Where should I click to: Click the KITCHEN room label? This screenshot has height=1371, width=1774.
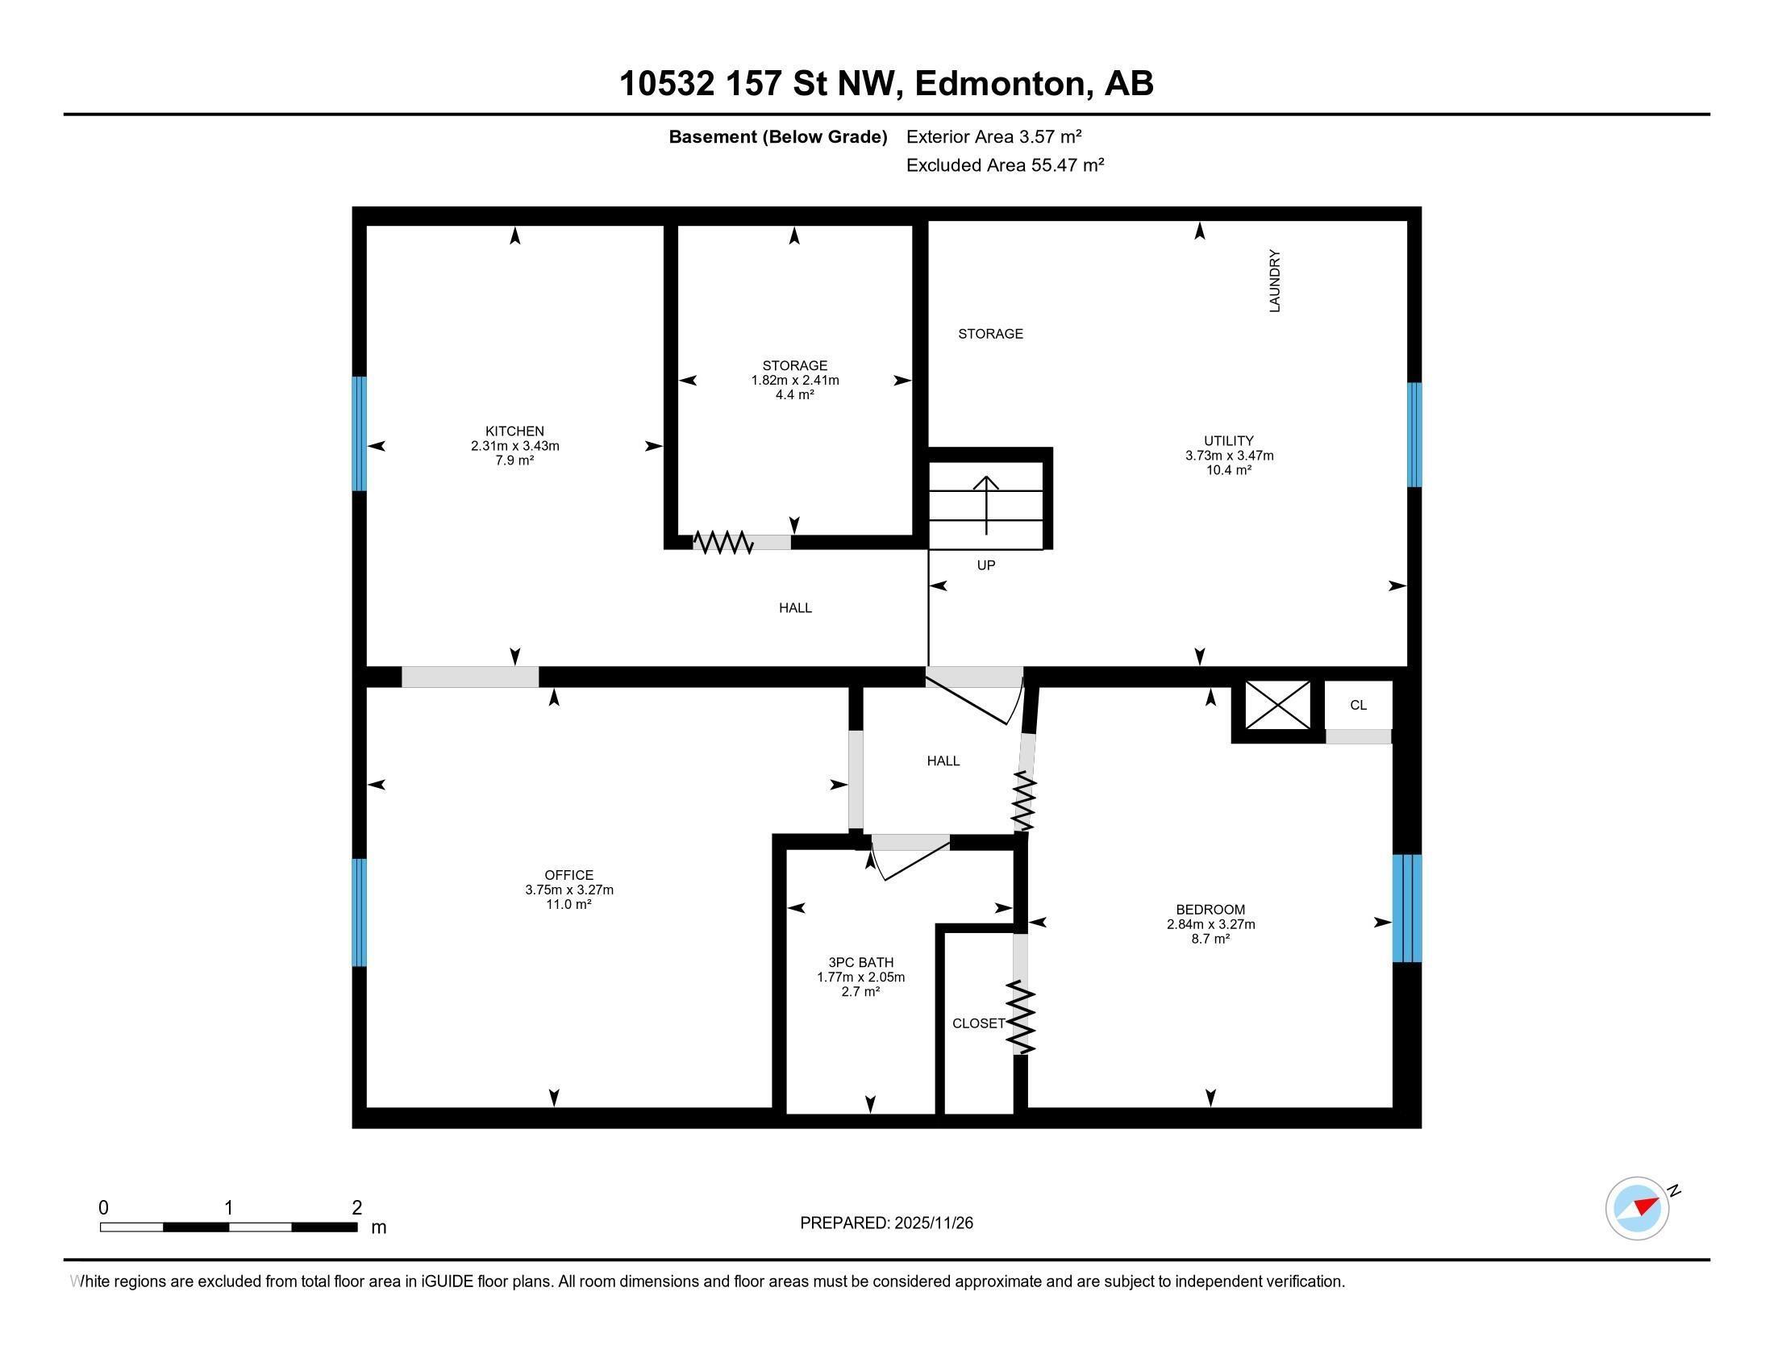[514, 431]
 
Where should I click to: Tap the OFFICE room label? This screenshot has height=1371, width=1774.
[568, 875]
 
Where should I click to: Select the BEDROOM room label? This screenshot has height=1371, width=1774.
[1210, 910]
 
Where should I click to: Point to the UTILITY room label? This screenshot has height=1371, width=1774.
[1228, 441]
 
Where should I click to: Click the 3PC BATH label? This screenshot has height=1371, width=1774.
[860, 962]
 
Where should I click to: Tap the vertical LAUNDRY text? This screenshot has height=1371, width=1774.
[1273, 281]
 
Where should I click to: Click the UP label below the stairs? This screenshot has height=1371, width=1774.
[985, 565]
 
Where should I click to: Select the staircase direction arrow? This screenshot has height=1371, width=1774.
[986, 504]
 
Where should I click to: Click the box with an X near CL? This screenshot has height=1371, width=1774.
[1277, 705]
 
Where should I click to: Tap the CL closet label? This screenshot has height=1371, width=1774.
[1358, 705]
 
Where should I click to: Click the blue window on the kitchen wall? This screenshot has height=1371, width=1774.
[359, 434]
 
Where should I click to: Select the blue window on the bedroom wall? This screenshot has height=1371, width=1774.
[1407, 908]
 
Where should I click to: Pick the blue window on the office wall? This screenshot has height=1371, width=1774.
[359, 912]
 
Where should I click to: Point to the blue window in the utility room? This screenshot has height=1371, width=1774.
[1414, 435]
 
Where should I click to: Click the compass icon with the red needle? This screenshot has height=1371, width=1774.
[1637, 1208]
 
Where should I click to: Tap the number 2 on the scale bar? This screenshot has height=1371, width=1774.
[356, 1208]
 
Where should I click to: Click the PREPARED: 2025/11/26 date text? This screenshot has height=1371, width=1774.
[886, 1223]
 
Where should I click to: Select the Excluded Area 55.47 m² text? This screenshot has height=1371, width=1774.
[1005, 165]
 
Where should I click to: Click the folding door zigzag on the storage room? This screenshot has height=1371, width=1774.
[723, 542]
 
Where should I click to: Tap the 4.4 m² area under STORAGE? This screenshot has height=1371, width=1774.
[794, 394]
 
